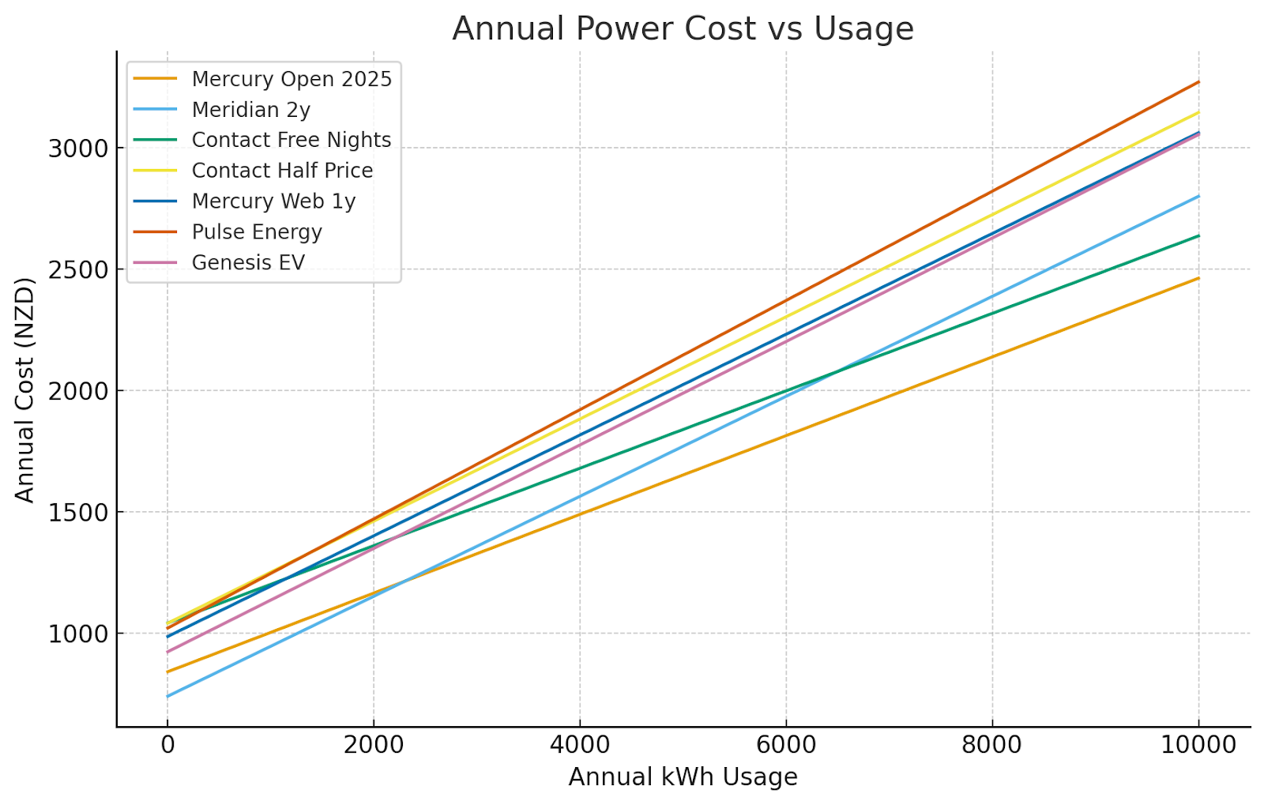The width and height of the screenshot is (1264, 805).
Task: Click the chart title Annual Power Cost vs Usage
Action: (683, 28)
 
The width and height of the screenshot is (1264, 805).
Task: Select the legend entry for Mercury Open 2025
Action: (292, 79)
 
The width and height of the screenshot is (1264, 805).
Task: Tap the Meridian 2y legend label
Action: (250, 110)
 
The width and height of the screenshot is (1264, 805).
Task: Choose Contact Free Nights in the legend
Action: (292, 140)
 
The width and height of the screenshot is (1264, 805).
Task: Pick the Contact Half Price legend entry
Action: (282, 171)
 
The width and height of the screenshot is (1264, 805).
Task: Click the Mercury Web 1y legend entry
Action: (273, 201)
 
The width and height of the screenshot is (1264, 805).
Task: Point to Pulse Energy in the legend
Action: (257, 232)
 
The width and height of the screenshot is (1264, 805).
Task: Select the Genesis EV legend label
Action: (248, 262)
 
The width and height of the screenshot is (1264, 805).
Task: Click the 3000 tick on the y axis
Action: (77, 149)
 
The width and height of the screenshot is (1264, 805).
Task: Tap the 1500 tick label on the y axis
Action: (77, 512)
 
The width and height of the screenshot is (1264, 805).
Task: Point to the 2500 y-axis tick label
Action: (77, 269)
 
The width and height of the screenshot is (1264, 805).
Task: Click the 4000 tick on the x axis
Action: (579, 745)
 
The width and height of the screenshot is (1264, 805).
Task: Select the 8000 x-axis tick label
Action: (992, 745)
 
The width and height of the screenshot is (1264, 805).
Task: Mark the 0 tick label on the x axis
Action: (167, 745)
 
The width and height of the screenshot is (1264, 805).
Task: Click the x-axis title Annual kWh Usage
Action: (683, 777)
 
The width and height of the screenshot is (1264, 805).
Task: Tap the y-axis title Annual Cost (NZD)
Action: (25, 389)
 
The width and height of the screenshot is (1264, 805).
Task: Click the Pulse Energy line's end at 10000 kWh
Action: (1198, 81)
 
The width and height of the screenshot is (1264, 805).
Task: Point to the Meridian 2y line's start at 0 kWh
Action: (167, 696)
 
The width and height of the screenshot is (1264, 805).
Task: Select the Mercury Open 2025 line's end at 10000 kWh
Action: (1198, 278)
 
